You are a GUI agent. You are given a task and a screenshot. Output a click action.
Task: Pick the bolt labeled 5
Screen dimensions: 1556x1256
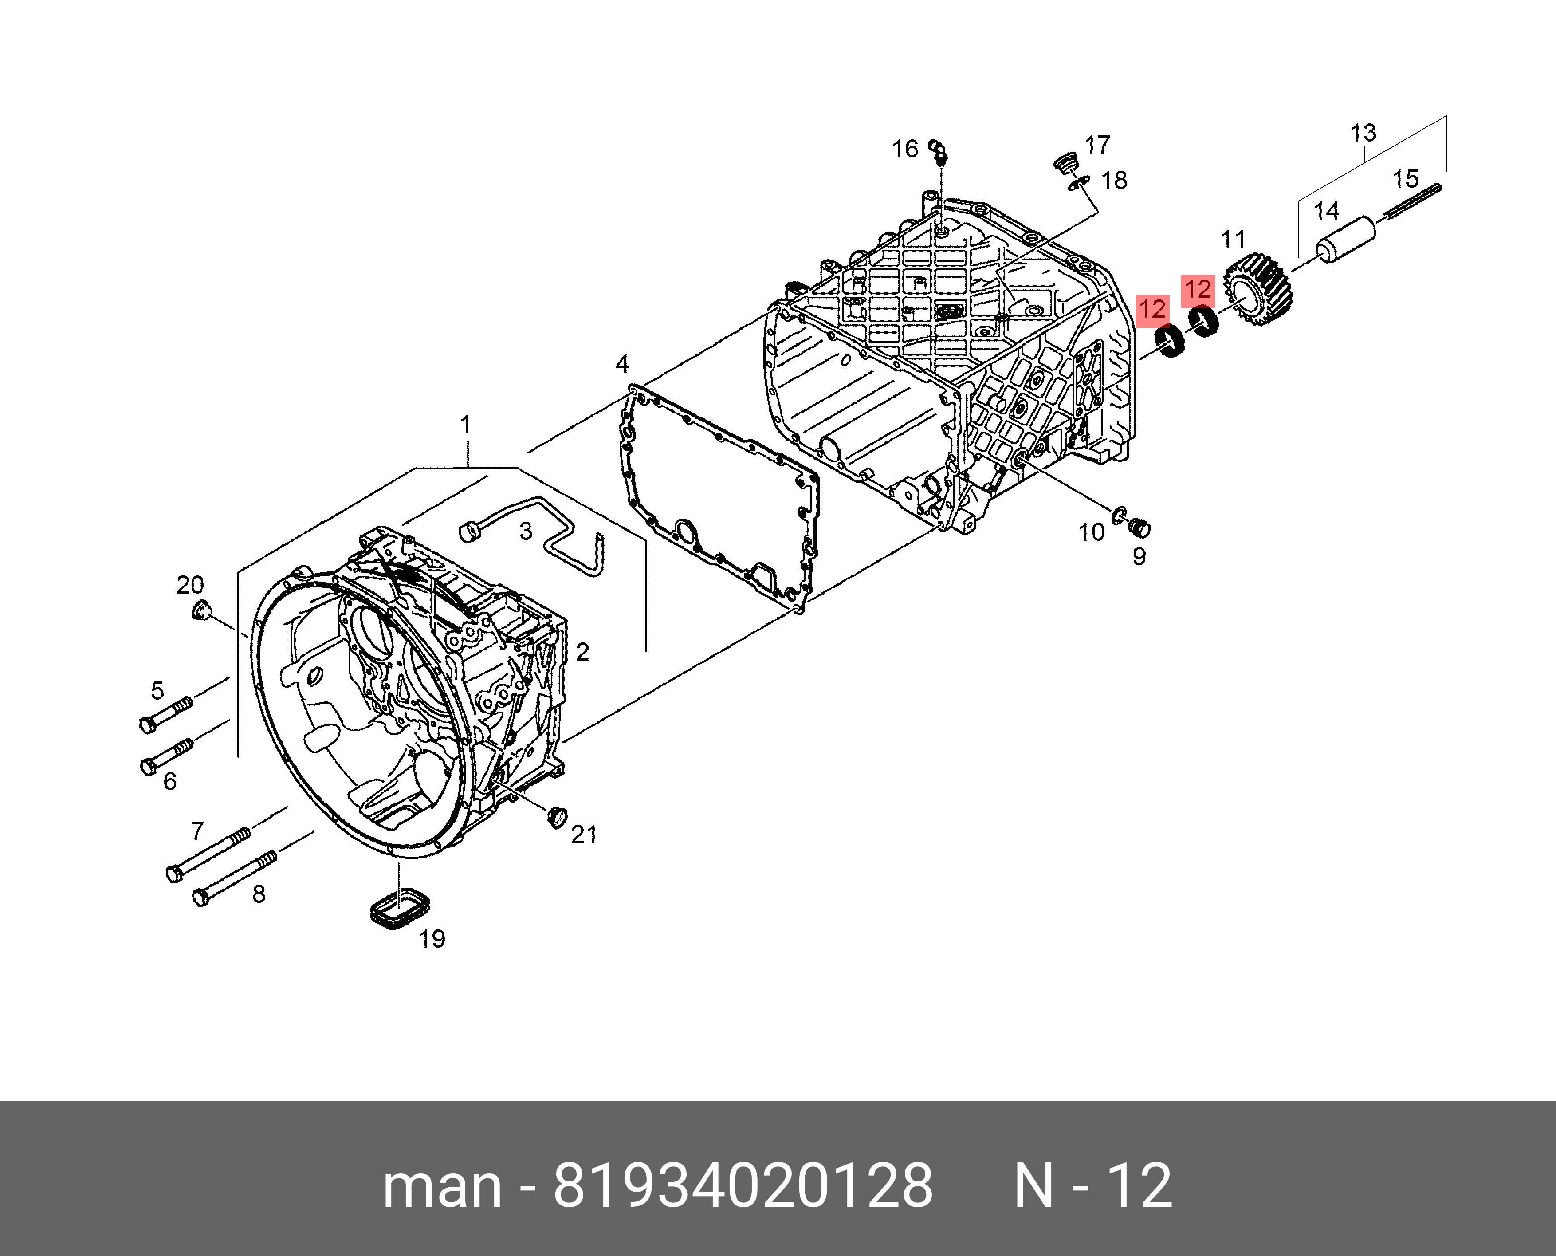click(166, 713)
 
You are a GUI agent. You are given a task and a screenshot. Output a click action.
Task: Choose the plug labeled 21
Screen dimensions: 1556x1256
click(557, 816)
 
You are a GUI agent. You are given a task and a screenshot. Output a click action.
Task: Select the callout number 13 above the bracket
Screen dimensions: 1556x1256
click(1363, 133)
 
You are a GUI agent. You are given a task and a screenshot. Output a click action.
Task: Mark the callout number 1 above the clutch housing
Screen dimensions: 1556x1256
click(465, 424)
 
